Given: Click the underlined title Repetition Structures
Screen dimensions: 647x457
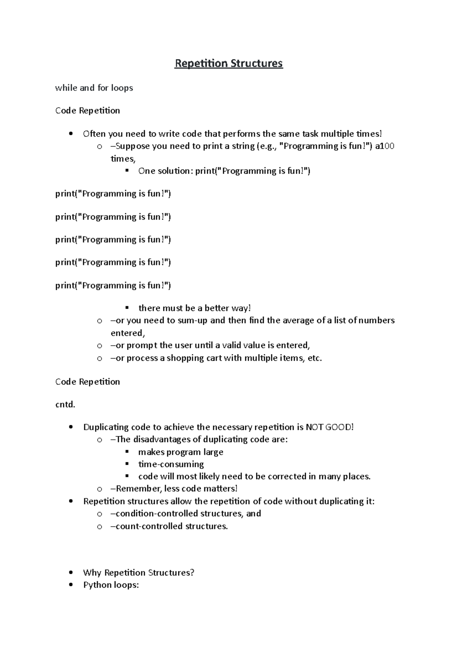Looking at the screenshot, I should (x=228, y=63).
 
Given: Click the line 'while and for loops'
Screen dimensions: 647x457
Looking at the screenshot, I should (x=94, y=88).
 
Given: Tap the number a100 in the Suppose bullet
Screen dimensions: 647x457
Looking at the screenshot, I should (x=385, y=146).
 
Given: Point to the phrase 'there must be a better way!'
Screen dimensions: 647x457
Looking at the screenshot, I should (x=195, y=308).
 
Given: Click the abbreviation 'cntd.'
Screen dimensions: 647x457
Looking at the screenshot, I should (x=65, y=405).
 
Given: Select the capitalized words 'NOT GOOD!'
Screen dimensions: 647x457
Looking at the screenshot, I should (x=330, y=427).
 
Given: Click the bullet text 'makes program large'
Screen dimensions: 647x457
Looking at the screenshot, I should (x=181, y=452).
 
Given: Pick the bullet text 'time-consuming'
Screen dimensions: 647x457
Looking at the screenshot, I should (x=171, y=464).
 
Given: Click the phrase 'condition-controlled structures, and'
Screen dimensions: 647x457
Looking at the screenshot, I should (x=188, y=514).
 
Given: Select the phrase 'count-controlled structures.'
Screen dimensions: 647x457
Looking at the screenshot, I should (x=172, y=526).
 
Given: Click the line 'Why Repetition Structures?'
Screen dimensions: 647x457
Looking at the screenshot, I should (x=139, y=573).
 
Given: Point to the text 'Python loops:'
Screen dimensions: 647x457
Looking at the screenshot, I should (x=111, y=585).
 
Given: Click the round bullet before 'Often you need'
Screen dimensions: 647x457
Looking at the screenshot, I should (x=70, y=134).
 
